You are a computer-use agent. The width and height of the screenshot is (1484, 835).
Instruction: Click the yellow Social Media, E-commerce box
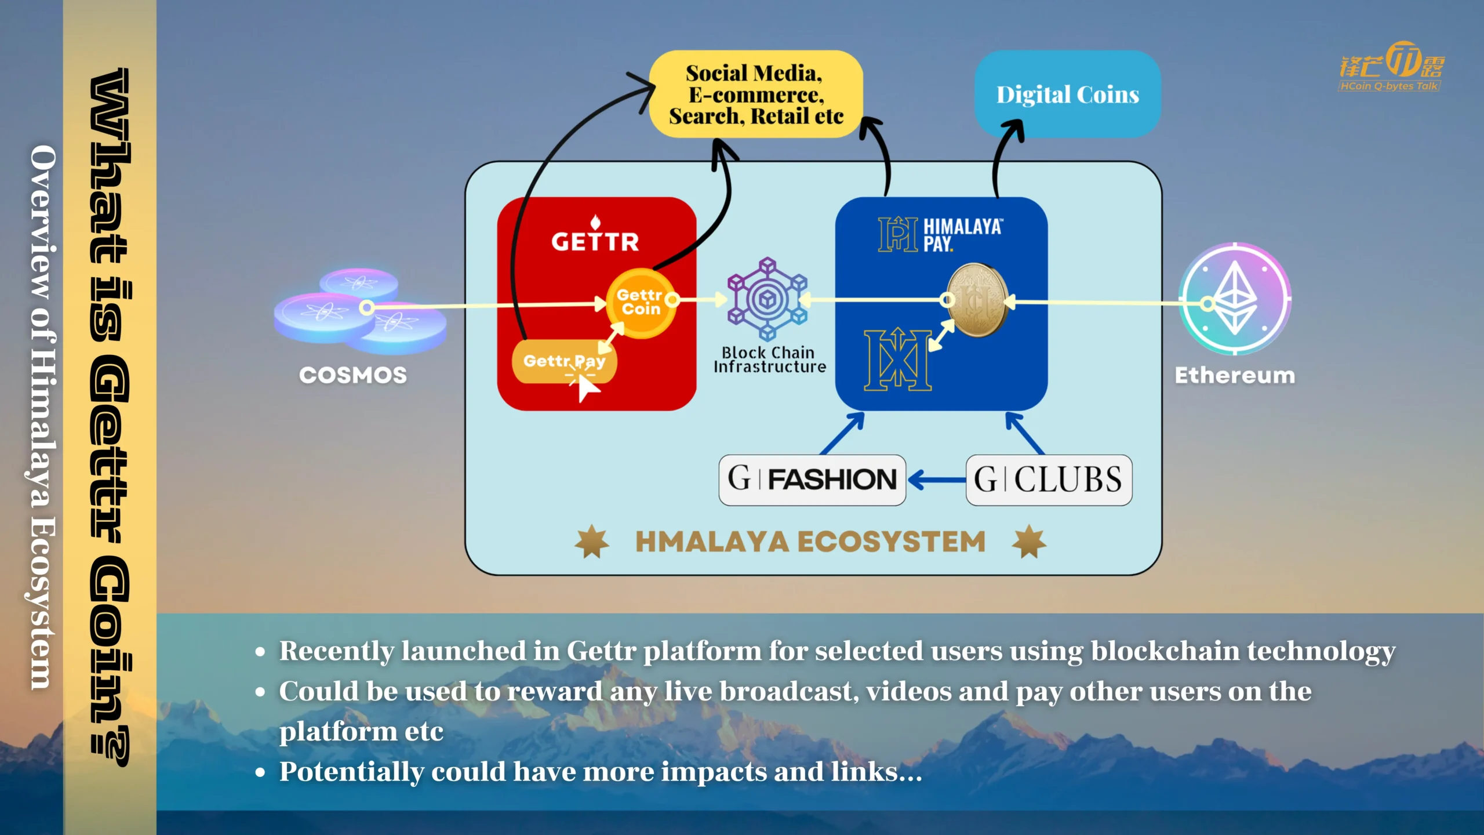click(x=755, y=94)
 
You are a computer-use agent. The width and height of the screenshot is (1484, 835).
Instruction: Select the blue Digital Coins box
click(x=1068, y=94)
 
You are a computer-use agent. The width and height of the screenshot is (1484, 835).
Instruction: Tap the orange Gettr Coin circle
click(x=641, y=303)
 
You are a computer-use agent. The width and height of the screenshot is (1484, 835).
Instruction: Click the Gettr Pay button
click(x=564, y=361)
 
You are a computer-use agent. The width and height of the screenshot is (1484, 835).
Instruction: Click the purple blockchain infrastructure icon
click(x=768, y=299)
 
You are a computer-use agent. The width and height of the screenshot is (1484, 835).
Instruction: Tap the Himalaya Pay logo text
click(x=962, y=235)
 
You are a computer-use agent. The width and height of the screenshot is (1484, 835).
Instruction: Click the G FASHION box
click(x=812, y=480)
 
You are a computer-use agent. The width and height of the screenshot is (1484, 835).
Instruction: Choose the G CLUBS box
click(x=1049, y=480)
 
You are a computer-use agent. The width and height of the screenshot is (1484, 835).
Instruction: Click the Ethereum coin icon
click(x=1235, y=299)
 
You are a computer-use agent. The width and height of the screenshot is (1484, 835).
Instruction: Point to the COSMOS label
click(x=352, y=375)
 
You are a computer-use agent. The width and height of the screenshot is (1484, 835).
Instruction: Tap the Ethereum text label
click(x=1235, y=375)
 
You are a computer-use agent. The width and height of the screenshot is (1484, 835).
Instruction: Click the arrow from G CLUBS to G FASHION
click(x=937, y=480)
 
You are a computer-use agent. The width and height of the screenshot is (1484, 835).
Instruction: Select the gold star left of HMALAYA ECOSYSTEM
click(x=592, y=542)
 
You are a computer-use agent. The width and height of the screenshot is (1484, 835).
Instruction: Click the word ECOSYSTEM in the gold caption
click(x=892, y=542)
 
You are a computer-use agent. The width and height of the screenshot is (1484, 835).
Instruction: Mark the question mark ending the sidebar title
click(x=110, y=747)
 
